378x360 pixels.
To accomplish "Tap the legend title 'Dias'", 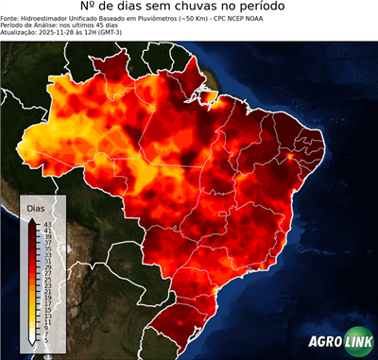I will (x=36, y=207).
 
